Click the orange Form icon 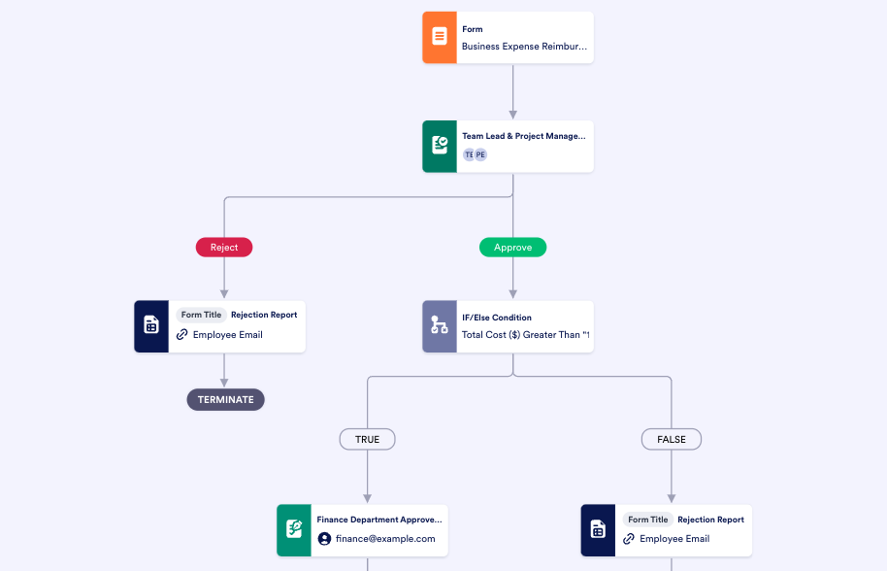(440, 37)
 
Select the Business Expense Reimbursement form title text (524, 46)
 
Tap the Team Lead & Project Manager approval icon (440, 147)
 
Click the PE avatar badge (480, 154)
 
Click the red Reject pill (224, 248)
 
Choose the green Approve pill (512, 248)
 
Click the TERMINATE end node (225, 399)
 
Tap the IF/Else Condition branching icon (440, 326)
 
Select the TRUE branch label (367, 440)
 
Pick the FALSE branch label (671, 440)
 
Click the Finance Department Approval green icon (294, 530)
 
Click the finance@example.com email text (385, 539)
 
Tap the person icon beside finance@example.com (325, 539)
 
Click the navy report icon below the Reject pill (151, 326)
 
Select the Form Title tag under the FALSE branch (647, 520)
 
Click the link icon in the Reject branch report (181, 335)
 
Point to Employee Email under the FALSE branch (674, 539)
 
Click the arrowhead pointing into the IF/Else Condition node (512, 293)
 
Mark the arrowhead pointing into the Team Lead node (512, 114)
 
